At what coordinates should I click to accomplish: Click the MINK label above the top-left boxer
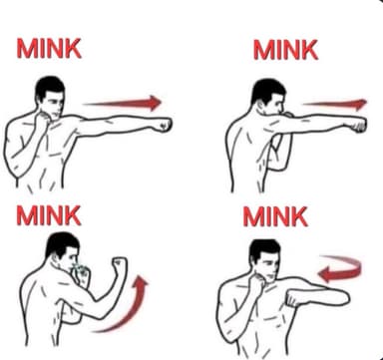coord(49,49)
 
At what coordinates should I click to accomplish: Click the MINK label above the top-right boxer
coord(285,50)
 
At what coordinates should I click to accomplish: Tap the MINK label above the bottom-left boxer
coord(49,215)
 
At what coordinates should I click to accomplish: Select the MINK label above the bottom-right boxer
coord(275,216)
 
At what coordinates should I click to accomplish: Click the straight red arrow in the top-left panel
coord(123,103)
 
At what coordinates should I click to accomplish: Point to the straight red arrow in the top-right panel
coord(335,105)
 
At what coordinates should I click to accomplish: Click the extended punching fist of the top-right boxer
coord(358,125)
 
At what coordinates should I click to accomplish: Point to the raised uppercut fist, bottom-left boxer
coord(120,265)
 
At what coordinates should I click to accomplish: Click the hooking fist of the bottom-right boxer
coord(294,298)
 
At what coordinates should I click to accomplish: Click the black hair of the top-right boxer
coord(267,90)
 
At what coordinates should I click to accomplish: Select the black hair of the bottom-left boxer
coord(61,244)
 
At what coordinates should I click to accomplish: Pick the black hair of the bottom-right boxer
coord(264,250)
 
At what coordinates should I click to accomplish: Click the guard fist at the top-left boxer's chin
coord(43,120)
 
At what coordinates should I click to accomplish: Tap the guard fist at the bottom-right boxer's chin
coord(256,282)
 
